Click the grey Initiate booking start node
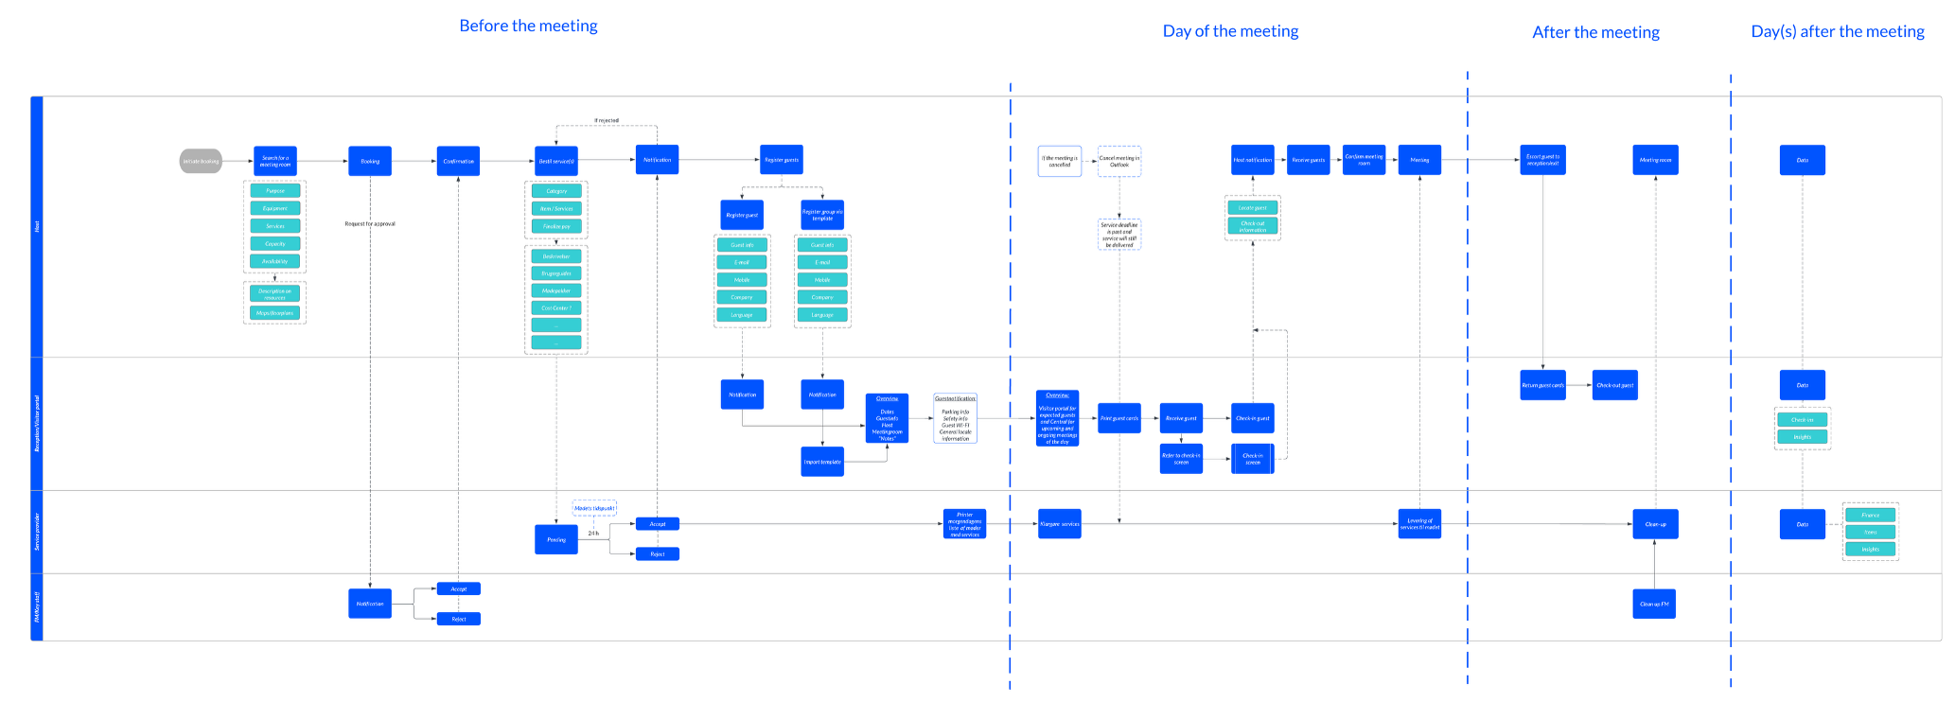click(201, 161)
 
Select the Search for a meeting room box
click(275, 161)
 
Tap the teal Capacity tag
click(275, 243)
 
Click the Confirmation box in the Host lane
click(458, 161)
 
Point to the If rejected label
click(607, 120)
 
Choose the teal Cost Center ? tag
click(556, 307)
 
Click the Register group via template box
click(822, 215)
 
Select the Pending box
click(556, 539)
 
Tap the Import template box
click(822, 462)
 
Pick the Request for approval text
click(370, 223)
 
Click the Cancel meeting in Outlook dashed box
click(1119, 161)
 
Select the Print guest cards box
click(1119, 418)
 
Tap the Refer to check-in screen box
click(1181, 459)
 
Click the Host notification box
click(1253, 160)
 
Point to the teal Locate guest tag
click(1253, 207)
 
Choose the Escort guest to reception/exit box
click(1542, 160)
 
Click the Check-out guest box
click(1615, 385)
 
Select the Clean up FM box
click(1654, 604)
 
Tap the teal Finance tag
click(1871, 515)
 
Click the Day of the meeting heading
click(1230, 31)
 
